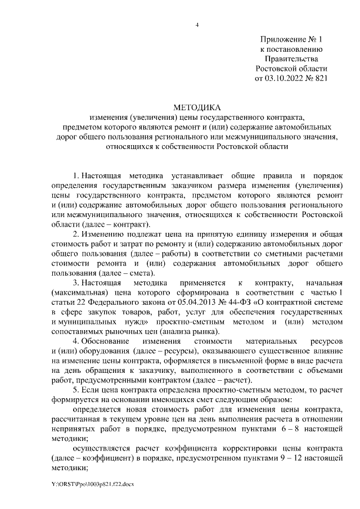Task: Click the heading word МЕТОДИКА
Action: tap(197, 107)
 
